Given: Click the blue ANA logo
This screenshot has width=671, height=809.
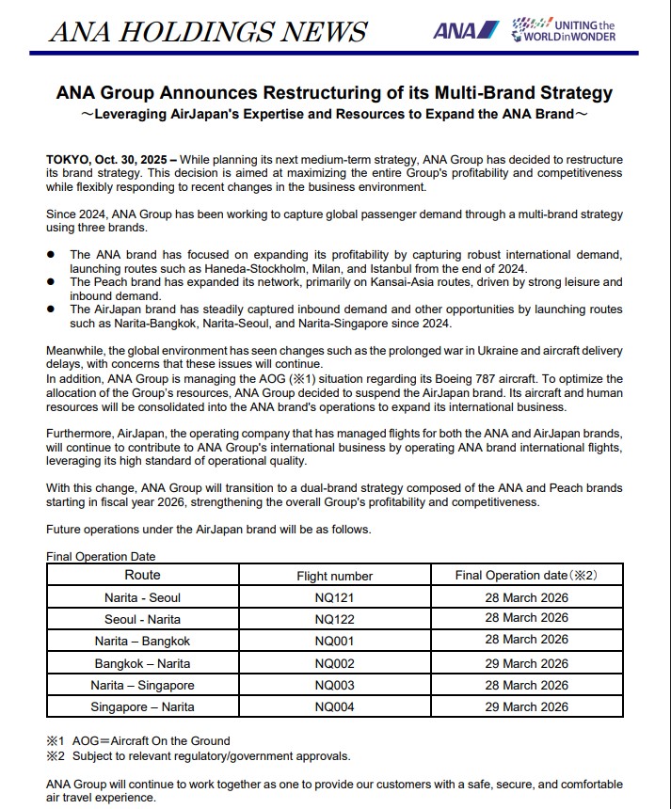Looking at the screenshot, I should [463, 30].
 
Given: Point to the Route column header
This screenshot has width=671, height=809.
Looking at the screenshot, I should [142, 575].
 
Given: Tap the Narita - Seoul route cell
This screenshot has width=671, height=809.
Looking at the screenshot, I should [142, 598].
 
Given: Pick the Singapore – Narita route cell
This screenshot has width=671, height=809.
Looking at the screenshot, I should [142, 707].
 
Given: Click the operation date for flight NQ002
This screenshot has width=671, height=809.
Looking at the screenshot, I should [526, 663].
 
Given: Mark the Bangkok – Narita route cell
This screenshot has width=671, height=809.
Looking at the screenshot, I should [142, 663].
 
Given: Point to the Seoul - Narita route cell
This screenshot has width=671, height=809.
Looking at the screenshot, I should [142, 620].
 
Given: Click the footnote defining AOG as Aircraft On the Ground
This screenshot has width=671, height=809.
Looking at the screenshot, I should [138, 741].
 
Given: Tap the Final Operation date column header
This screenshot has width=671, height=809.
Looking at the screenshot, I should [526, 575].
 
